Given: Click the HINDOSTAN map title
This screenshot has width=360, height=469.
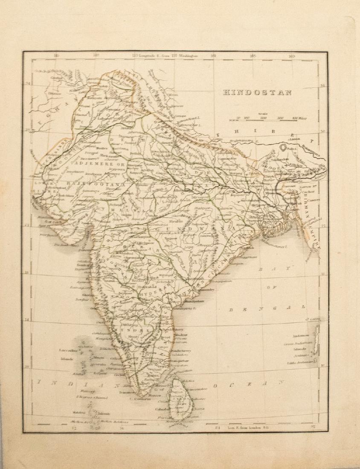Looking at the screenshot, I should (256, 92).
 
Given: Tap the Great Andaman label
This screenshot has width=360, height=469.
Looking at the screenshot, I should (298, 343).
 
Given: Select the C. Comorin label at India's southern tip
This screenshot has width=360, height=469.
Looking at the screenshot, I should (141, 399).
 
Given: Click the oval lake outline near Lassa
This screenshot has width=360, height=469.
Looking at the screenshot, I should (283, 148).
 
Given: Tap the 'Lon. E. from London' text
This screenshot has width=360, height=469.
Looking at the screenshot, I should (236, 425).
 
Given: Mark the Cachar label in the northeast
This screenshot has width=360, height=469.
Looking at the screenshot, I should (300, 191).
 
